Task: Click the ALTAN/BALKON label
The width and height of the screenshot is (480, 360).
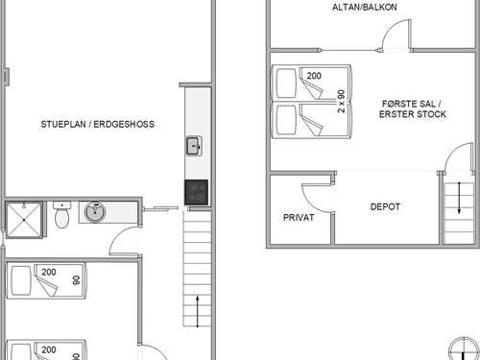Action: (x=365, y=7)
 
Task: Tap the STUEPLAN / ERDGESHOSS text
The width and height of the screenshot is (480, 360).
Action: (x=98, y=124)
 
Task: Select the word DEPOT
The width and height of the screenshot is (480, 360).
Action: (x=385, y=206)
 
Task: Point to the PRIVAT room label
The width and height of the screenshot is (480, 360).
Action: (x=299, y=218)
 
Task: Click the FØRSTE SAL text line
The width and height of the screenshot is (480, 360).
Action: (x=412, y=104)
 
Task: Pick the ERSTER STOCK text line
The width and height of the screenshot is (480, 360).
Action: (x=413, y=114)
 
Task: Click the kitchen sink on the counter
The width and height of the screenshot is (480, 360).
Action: (x=194, y=146)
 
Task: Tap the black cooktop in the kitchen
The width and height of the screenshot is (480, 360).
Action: (x=196, y=192)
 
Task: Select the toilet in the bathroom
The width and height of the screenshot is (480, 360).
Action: (x=61, y=215)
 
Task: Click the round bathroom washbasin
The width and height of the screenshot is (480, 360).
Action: (x=95, y=211)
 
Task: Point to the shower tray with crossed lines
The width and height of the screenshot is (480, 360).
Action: (x=24, y=220)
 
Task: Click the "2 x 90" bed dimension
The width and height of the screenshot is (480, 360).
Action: (x=342, y=101)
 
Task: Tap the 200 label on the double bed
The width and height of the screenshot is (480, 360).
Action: (x=314, y=76)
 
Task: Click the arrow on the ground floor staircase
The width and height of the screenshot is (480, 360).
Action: (x=198, y=311)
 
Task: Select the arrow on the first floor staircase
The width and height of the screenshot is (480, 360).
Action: (x=459, y=198)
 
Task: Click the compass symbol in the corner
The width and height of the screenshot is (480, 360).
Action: (x=464, y=348)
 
